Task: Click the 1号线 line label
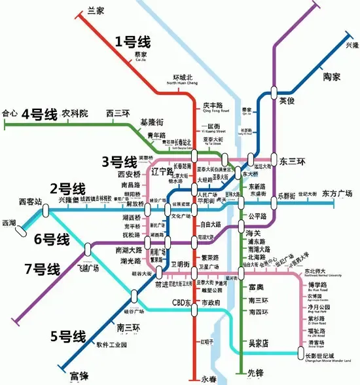point(133,43)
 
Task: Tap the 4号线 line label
point(39,115)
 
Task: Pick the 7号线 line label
point(41,268)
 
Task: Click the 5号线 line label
point(68,337)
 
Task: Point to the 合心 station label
point(10,113)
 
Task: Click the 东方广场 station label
point(338,193)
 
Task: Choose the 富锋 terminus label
point(79,376)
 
